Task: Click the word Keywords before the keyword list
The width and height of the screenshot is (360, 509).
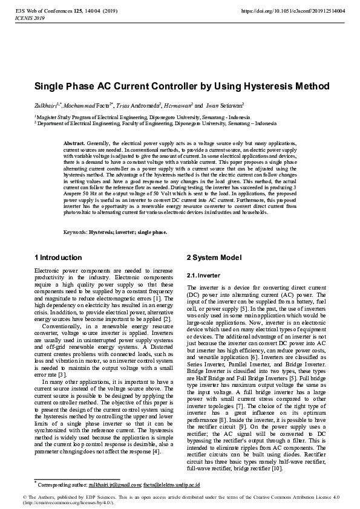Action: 75,232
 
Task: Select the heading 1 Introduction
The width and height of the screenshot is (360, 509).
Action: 58,258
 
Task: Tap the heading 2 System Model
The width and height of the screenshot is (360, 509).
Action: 214,258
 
